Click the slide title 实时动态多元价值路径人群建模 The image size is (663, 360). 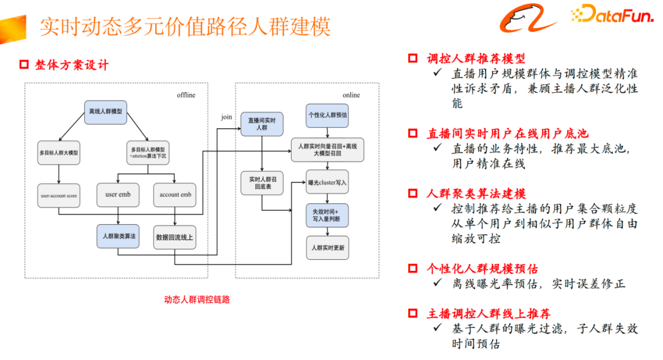click(x=185, y=26)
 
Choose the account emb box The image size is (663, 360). click(x=175, y=195)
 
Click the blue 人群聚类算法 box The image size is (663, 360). click(x=118, y=237)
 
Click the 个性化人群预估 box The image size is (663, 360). click(x=327, y=115)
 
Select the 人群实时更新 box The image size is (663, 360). click(x=327, y=248)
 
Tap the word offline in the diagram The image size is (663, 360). click(x=186, y=95)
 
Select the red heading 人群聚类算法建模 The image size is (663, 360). click(x=476, y=194)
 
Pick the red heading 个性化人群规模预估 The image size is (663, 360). click(x=482, y=268)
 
